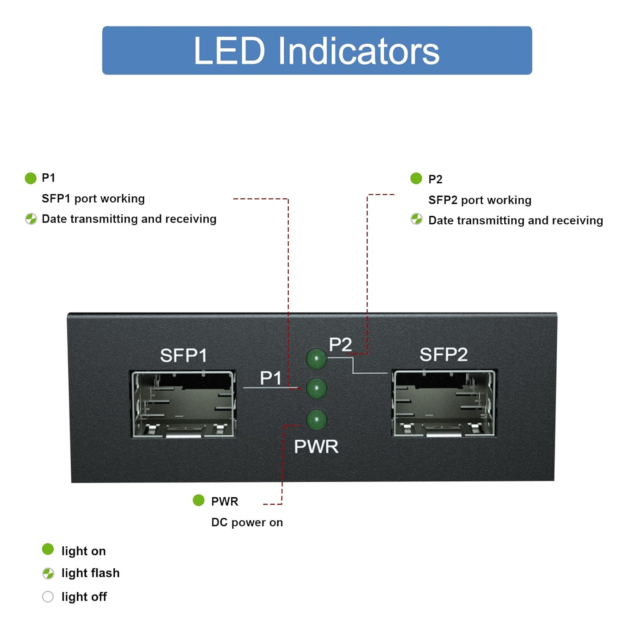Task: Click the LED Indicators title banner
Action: [317, 50]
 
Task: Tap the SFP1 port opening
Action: [183, 404]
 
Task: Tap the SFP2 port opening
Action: [444, 403]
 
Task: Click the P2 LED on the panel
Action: [316, 358]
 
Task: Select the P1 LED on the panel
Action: [316, 388]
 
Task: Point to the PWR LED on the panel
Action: [316, 419]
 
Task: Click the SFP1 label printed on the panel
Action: [183, 355]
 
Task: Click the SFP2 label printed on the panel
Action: [443, 355]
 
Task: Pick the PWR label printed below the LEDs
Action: [316, 447]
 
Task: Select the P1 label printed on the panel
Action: [270, 378]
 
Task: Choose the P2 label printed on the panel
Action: [340, 345]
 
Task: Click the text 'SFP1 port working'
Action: [93, 199]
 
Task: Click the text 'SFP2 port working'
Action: [480, 200]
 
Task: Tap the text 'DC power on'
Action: [247, 522]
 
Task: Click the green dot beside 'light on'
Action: [48, 549]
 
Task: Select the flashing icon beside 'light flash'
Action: [48, 573]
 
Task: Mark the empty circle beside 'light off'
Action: [48, 597]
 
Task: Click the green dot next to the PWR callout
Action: [199, 500]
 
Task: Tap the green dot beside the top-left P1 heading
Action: [30, 178]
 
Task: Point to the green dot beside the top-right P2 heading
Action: [416, 178]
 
